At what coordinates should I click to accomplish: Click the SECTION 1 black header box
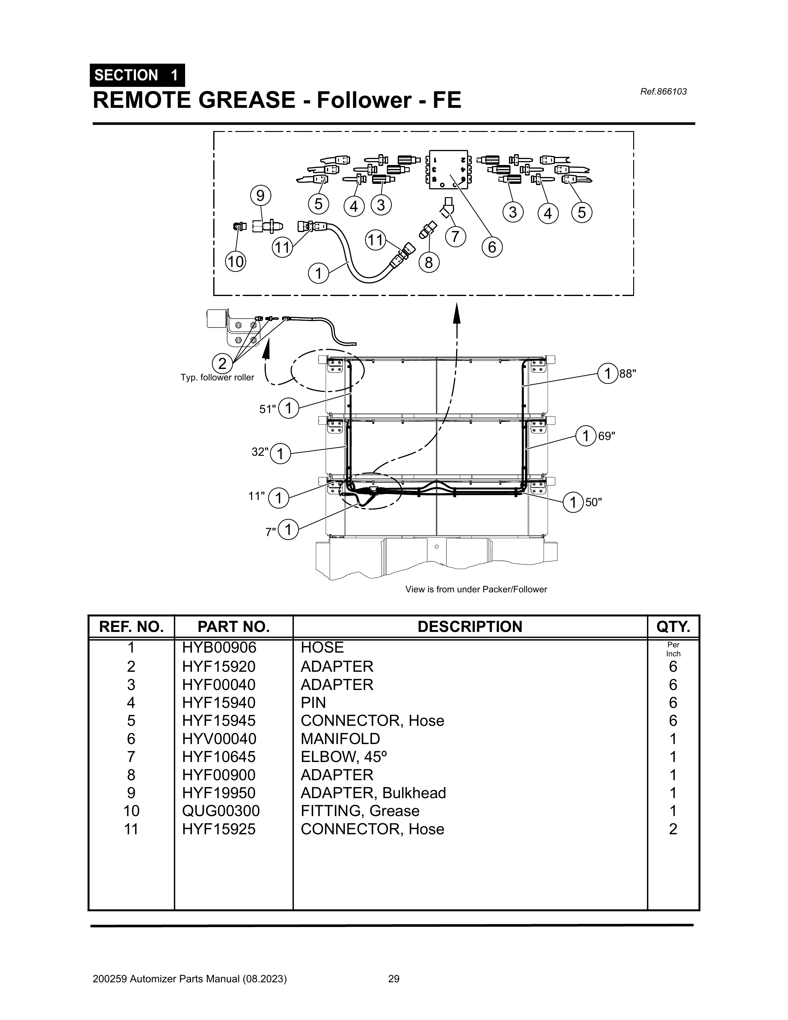pyautogui.click(x=137, y=75)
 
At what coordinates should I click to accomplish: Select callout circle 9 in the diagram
pyautogui.click(x=261, y=196)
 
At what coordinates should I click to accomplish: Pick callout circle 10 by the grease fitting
pyautogui.click(x=236, y=261)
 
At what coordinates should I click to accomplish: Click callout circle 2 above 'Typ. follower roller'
pyautogui.click(x=222, y=363)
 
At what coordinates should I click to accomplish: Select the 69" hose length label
pyautogui.click(x=606, y=436)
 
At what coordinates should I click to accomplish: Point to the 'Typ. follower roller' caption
pyautogui.click(x=217, y=377)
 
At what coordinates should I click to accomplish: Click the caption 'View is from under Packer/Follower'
pyautogui.click(x=476, y=589)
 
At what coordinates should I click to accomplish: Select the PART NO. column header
pyautogui.click(x=234, y=627)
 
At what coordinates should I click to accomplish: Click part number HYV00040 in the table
pyautogui.click(x=219, y=739)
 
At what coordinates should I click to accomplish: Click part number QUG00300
pyautogui.click(x=220, y=811)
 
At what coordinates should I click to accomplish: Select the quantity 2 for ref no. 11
pyautogui.click(x=673, y=829)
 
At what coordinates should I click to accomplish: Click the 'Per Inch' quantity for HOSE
pyautogui.click(x=673, y=649)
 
